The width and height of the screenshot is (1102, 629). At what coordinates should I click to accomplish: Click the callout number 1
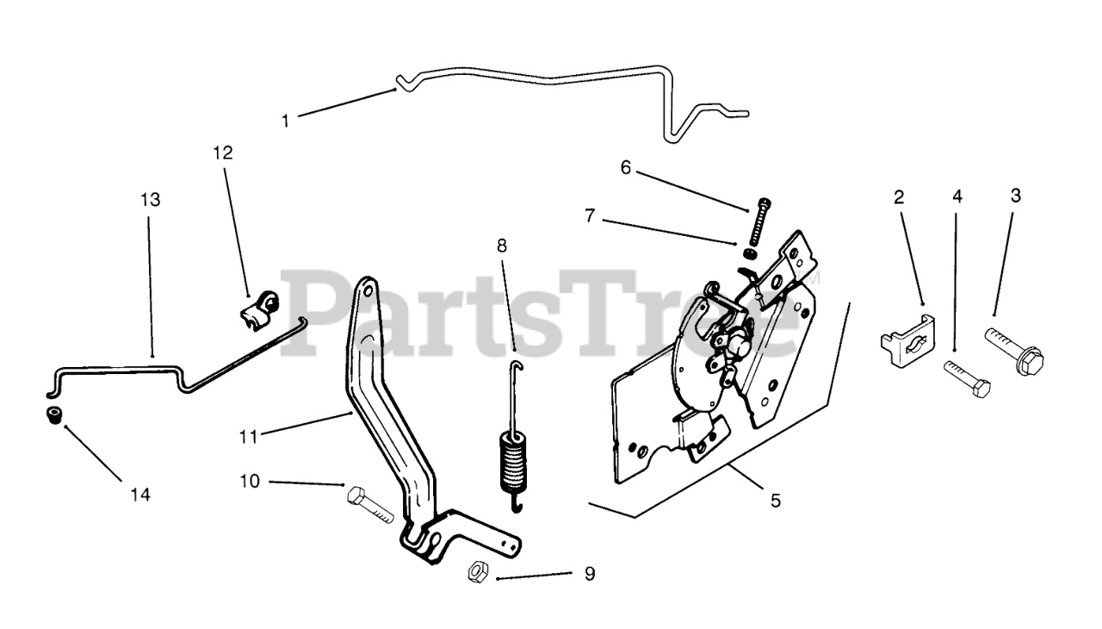point(286,121)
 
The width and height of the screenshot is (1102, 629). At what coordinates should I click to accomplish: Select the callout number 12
point(223,153)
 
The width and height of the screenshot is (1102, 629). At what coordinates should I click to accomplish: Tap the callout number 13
point(150,200)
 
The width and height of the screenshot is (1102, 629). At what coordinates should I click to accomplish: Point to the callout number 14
point(140,495)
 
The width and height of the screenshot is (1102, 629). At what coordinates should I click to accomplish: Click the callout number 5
point(776,500)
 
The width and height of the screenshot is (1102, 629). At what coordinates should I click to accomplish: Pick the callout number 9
point(590,573)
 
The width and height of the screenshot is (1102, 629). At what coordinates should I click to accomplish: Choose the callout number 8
point(502,245)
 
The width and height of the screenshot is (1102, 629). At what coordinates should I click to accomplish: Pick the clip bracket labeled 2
point(906,341)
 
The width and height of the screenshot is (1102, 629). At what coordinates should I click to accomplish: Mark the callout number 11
point(248,437)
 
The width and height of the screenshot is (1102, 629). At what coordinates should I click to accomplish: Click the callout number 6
point(626,168)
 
